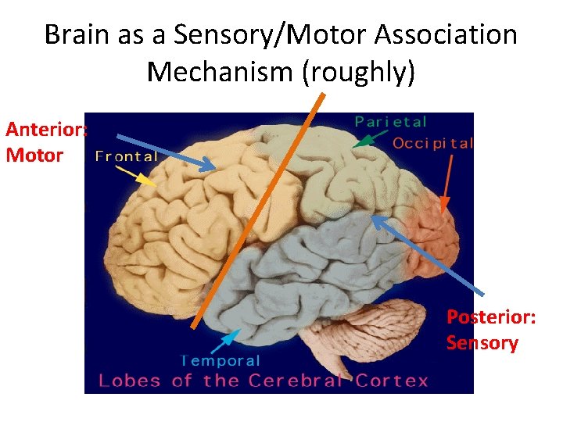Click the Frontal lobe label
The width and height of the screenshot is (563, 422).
[x=126, y=156]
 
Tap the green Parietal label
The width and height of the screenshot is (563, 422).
[x=391, y=121]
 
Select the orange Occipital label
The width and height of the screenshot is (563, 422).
[x=432, y=143]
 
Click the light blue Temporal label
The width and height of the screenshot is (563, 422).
[x=221, y=360]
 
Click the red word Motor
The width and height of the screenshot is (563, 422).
[x=34, y=155]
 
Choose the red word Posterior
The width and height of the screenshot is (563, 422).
[x=490, y=317]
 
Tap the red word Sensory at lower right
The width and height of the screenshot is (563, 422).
[x=482, y=342]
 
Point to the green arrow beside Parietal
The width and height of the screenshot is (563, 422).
[x=369, y=138]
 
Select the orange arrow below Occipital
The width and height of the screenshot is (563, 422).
[x=447, y=184]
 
